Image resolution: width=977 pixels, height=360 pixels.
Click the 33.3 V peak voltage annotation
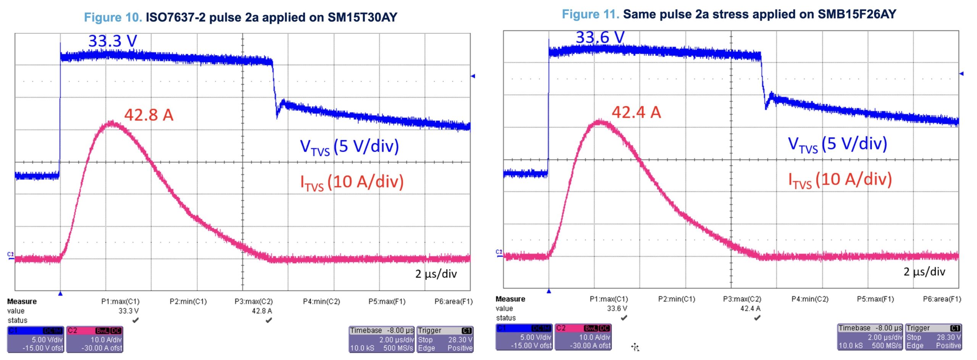click(x=113, y=41)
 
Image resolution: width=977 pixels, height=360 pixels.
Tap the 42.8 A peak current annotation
click(x=149, y=115)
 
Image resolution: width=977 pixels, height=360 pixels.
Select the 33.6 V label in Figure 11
click(x=600, y=37)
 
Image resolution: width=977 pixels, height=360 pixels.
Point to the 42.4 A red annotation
click(x=636, y=112)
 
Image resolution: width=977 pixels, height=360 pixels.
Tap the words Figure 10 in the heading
click(x=113, y=17)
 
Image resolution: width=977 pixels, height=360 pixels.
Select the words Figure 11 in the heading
click(x=590, y=14)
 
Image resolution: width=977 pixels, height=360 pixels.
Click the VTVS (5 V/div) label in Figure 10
click(x=349, y=147)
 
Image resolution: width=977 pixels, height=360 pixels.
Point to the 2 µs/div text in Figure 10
click(x=436, y=274)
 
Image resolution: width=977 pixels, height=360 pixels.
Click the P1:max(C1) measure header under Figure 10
click(x=120, y=302)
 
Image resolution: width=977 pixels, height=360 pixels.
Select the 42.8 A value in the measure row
click(x=262, y=311)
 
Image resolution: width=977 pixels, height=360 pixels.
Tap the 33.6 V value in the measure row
click(x=617, y=308)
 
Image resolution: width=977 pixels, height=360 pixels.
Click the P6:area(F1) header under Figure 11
click(x=942, y=299)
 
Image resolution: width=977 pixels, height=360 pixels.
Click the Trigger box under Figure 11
click(x=933, y=337)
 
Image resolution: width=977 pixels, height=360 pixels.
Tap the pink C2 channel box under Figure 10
click(x=95, y=339)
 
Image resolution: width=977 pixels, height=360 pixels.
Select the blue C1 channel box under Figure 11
click(x=524, y=337)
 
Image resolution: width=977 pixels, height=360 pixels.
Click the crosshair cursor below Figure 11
click(x=635, y=347)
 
